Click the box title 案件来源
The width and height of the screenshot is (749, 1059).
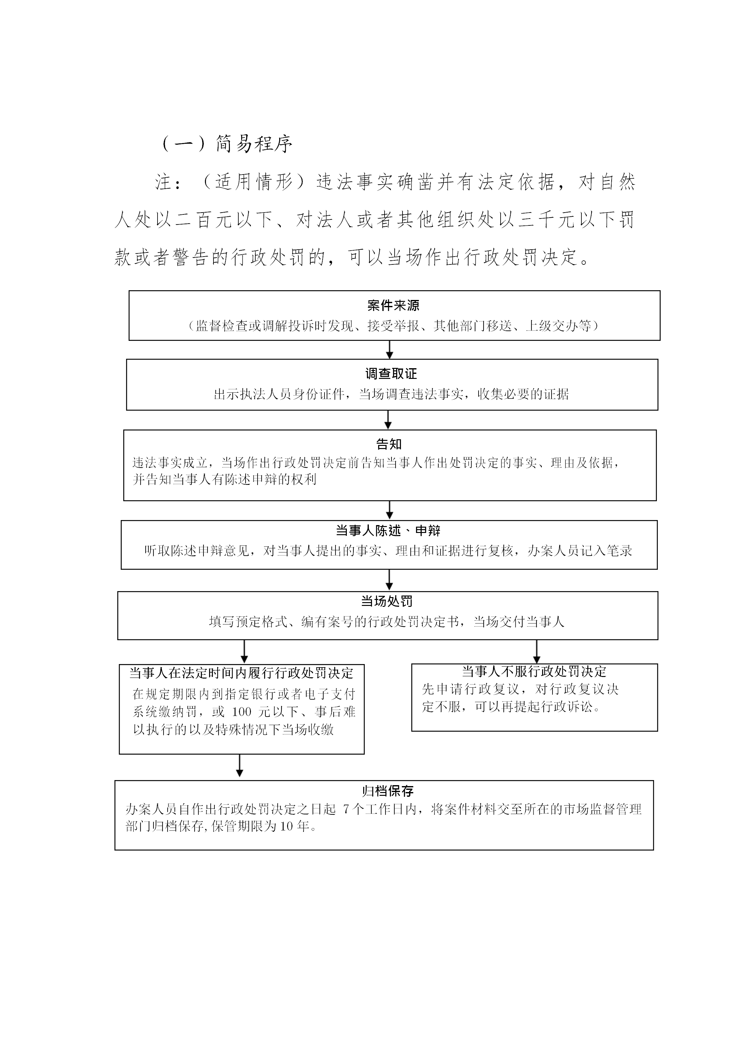[x=393, y=305]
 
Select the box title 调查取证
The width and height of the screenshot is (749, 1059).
[x=391, y=374]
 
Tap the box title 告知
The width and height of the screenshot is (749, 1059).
[x=389, y=444]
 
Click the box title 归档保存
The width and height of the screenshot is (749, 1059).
[x=387, y=791]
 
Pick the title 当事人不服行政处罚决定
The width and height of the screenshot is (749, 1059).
[x=534, y=672]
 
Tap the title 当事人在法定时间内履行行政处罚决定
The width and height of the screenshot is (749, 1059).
[x=241, y=674]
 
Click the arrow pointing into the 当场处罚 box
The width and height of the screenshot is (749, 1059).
[x=389, y=580]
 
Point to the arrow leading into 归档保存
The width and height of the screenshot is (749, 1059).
[x=239, y=767]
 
